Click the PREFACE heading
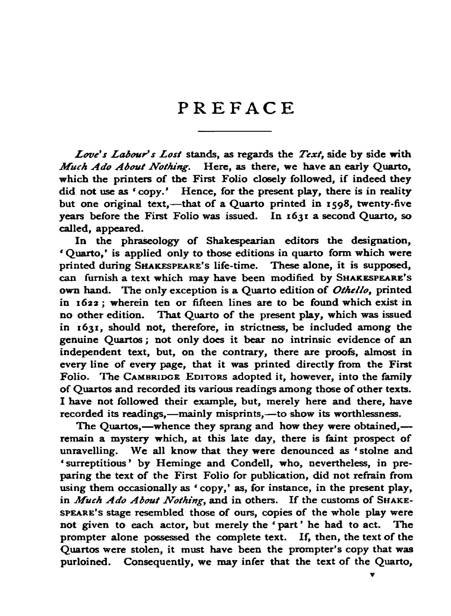tap(236, 108)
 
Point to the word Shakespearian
tap(240, 241)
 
